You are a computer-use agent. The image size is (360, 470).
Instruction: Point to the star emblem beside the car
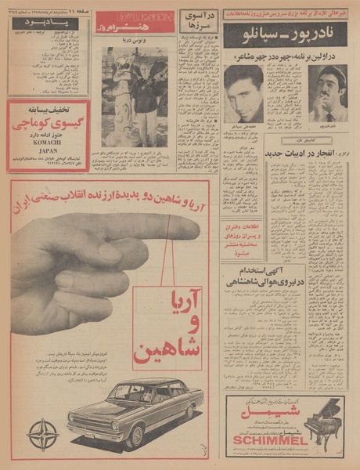pyautogui.click(x=42, y=434)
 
